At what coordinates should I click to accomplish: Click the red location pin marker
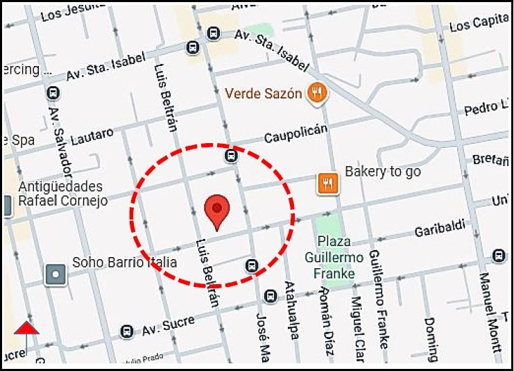(218, 211)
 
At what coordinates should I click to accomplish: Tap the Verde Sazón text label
(266, 92)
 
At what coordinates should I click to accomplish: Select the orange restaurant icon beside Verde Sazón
(318, 92)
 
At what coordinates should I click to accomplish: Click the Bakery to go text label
(384, 172)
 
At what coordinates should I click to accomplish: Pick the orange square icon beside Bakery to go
(327, 182)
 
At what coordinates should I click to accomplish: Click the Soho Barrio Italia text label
(124, 263)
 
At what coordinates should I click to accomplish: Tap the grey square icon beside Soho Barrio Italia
(55, 274)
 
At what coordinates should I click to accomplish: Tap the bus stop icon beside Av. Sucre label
(126, 331)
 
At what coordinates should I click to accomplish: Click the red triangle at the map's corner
(26, 328)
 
